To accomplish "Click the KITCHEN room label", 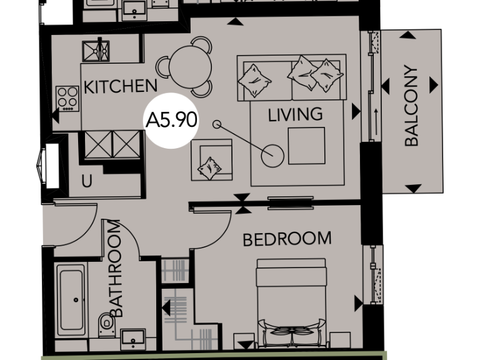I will pyautogui.click(x=120, y=87).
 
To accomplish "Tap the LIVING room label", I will pyautogui.click(x=295, y=114).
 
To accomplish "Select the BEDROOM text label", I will pyautogui.click(x=287, y=239).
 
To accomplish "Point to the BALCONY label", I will pyautogui.click(x=411, y=106).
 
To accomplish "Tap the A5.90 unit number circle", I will pyautogui.click(x=171, y=120).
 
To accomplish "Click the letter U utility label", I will pyautogui.click(x=87, y=182).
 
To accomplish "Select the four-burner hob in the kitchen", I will pyautogui.click(x=67, y=97).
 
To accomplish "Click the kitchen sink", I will pyautogui.click(x=96, y=49).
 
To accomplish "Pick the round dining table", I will pyautogui.click(x=187, y=65).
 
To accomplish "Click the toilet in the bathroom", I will pyautogui.click(x=106, y=323).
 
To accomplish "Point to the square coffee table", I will pyautogui.click(x=306, y=146).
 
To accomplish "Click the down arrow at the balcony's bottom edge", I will pyautogui.click(x=413, y=187).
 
